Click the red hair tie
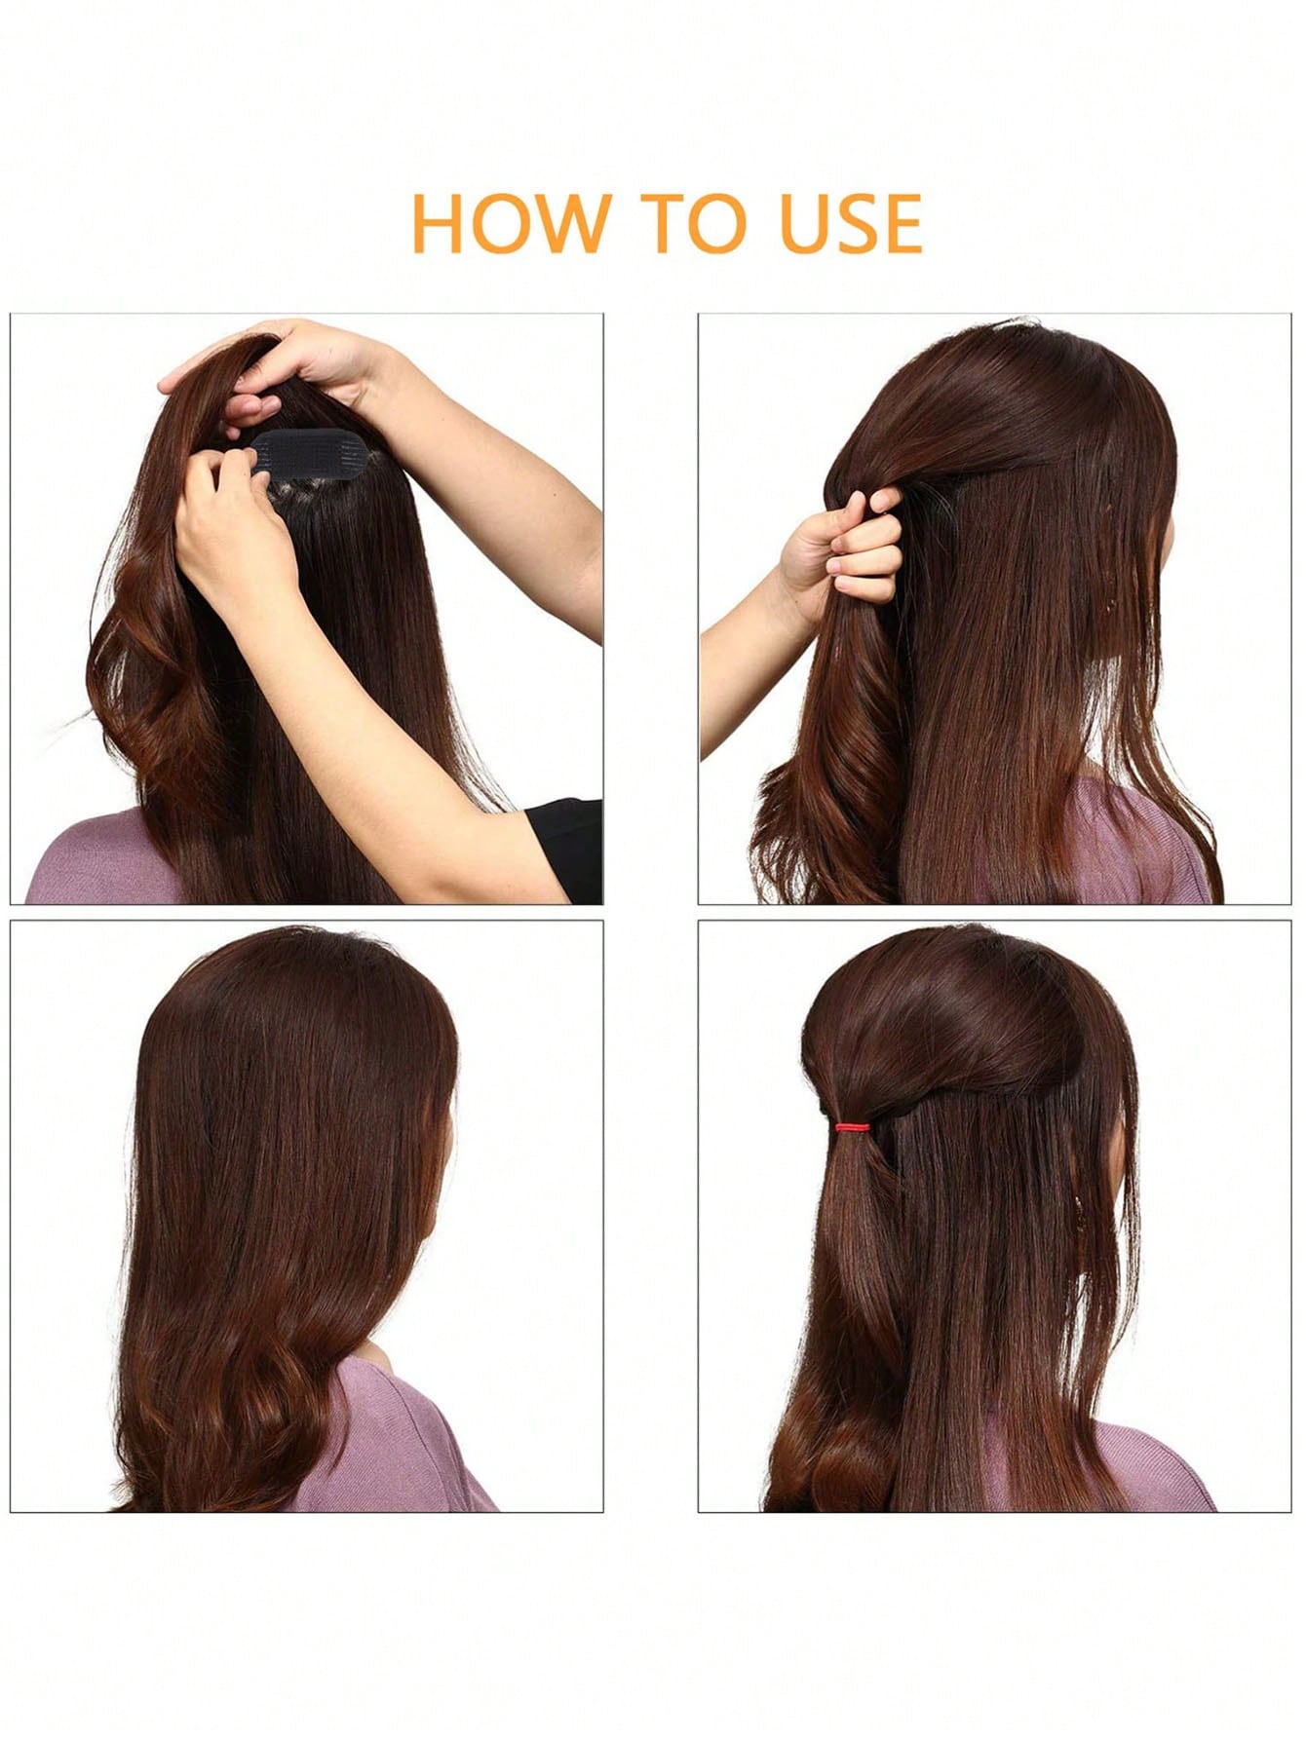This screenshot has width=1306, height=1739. [852, 1126]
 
